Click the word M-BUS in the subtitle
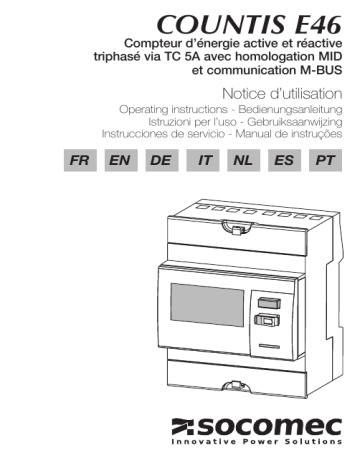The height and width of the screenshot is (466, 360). (318, 71)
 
